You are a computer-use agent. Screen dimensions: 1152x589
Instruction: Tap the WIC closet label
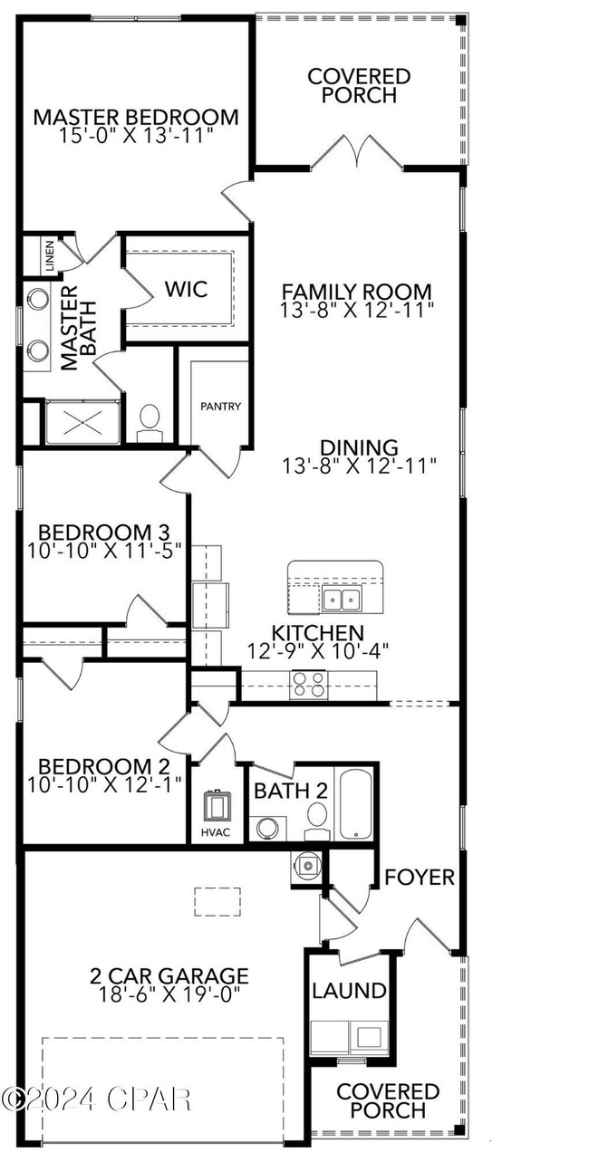click(186, 289)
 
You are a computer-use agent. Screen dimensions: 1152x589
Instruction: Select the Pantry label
click(221, 407)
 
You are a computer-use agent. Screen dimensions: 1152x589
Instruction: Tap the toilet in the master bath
click(150, 421)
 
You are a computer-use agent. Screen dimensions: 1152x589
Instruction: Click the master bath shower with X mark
click(82, 422)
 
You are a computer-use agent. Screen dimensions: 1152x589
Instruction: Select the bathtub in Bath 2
click(354, 803)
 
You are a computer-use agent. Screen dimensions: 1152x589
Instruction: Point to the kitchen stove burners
click(308, 684)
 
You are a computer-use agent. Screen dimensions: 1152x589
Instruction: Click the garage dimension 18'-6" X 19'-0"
click(169, 994)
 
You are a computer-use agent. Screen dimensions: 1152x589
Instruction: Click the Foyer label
click(419, 878)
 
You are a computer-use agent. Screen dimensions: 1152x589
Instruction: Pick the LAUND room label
click(349, 991)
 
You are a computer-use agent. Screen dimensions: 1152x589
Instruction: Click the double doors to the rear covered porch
click(358, 152)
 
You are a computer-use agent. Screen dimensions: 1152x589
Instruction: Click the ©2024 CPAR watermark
click(96, 1099)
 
